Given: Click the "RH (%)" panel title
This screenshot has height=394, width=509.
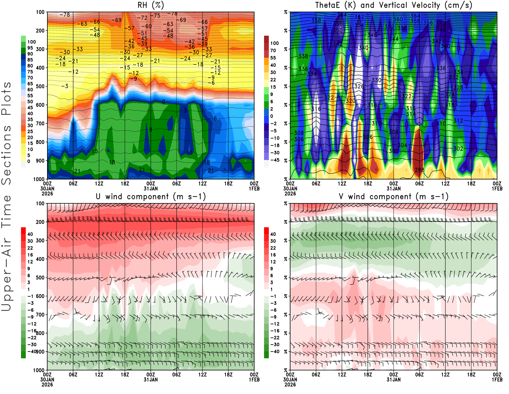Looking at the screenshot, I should click(150, 5).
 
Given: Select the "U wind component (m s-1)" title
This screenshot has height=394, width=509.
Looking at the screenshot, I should click(151, 196).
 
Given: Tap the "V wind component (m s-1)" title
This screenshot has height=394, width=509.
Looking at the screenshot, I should click(394, 196).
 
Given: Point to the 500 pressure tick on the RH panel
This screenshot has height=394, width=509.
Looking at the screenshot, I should click(40, 86).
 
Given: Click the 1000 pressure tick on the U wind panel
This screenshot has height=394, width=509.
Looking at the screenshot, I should click(39, 370).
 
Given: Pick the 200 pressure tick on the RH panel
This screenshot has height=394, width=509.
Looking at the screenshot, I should click(40, 31).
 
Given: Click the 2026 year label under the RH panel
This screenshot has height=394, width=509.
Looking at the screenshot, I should click(47, 193).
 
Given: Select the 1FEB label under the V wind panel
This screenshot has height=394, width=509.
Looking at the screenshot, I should click(497, 380).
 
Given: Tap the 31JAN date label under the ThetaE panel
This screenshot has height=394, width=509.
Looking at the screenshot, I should click(394, 188).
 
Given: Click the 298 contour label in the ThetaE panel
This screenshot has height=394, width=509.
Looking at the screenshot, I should click(419, 170).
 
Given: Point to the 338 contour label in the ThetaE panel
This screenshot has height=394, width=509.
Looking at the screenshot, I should click(303, 56).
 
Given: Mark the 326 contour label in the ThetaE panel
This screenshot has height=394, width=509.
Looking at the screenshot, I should click(359, 86).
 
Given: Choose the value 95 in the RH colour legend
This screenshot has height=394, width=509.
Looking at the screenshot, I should click(30, 48).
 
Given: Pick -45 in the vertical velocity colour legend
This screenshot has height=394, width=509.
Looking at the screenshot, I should click(275, 160).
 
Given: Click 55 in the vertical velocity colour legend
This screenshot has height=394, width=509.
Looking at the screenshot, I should click(273, 58).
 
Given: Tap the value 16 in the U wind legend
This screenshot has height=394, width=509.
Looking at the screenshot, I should click(30, 255).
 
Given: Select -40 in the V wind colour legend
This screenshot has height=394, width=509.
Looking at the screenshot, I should click(275, 352).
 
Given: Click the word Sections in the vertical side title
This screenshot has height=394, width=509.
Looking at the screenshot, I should click(6, 155).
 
